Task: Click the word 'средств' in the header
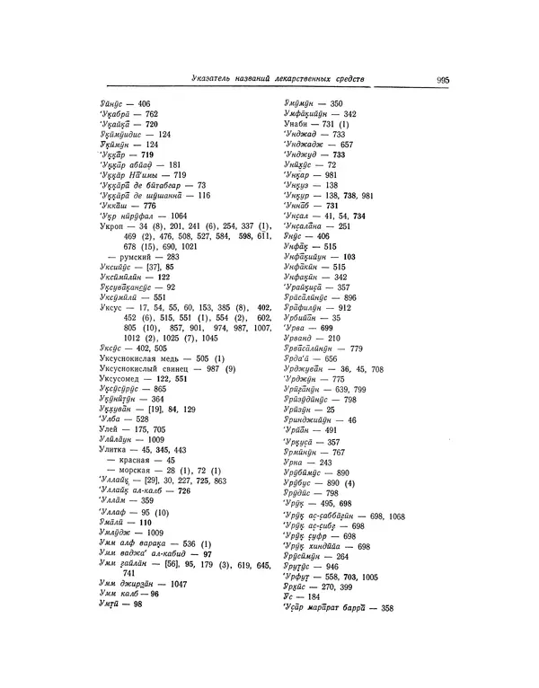point(346,79)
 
